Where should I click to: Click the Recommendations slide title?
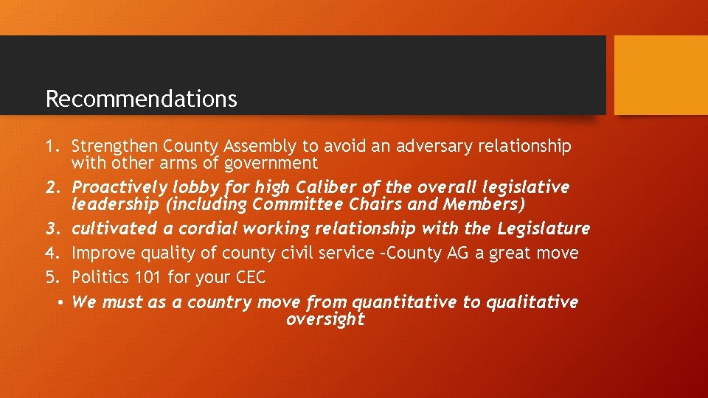tap(141, 99)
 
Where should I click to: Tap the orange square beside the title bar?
tap(660, 75)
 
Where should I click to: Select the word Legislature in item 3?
tap(544, 229)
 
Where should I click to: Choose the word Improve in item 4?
tap(102, 254)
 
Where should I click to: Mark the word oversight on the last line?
tap(325, 319)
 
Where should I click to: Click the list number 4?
tap(51, 254)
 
